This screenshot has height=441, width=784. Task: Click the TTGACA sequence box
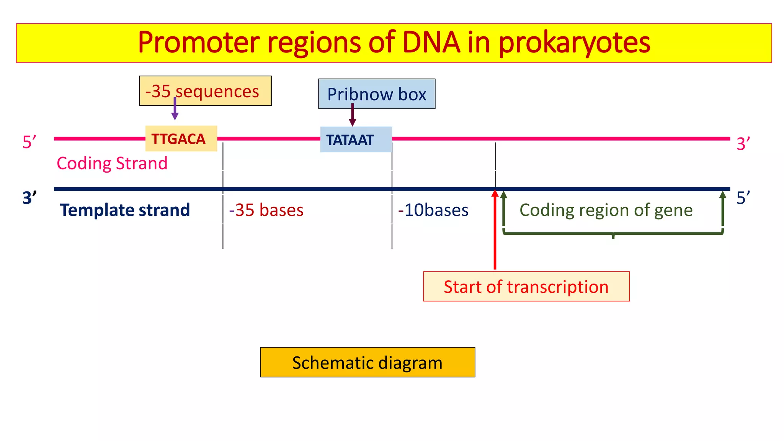181,139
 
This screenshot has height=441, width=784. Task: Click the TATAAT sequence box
356,140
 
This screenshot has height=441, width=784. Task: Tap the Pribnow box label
377,94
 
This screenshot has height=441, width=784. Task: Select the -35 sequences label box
205,91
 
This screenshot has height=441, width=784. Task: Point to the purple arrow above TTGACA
175,109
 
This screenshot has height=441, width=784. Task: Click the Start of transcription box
526,287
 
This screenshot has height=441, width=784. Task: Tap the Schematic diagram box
367,363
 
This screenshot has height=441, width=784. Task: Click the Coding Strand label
112,163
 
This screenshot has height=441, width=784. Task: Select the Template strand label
125,210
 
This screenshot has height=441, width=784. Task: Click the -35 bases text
266,210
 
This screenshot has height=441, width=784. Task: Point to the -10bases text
433,210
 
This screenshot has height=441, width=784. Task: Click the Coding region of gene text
606,210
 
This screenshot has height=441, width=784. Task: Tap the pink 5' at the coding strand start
29,142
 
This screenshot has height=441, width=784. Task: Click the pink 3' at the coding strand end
743,144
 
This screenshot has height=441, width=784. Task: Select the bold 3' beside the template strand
29,198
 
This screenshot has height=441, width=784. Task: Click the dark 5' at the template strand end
743,198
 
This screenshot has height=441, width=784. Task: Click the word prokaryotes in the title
574,42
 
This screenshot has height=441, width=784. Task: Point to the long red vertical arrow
495,230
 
